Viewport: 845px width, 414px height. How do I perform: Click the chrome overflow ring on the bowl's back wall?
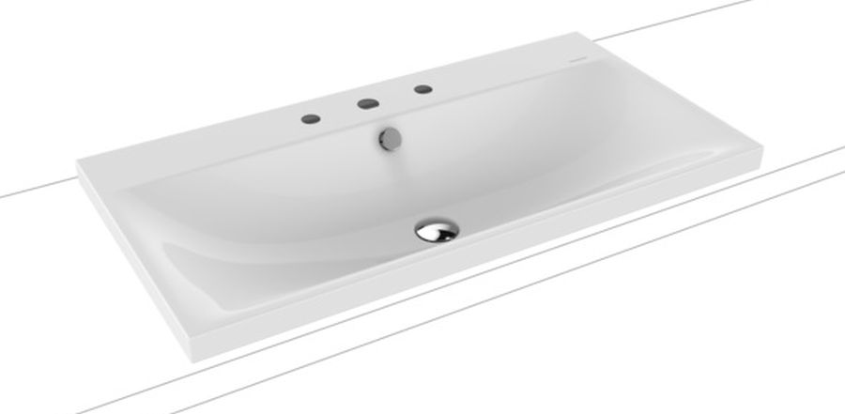387,137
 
